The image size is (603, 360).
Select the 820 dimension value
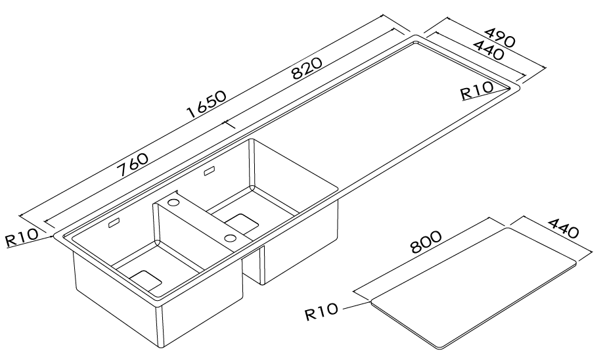click(x=306, y=68)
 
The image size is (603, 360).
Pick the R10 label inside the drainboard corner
click(x=476, y=93)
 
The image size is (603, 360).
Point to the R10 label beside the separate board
click(x=322, y=310)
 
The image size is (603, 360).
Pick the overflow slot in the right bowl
click(x=210, y=171)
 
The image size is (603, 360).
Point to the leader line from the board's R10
click(x=355, y=304)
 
